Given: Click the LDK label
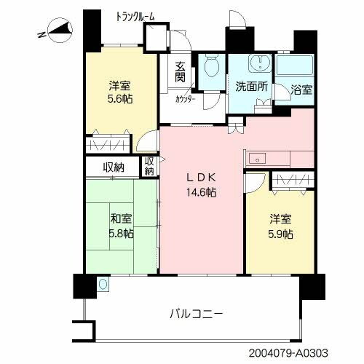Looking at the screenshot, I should [201, 178].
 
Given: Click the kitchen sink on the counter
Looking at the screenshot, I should [256, 159].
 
